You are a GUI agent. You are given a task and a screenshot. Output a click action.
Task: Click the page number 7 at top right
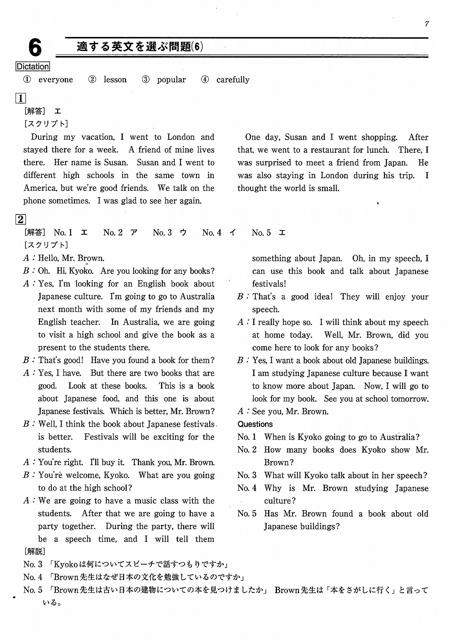coord(427,24)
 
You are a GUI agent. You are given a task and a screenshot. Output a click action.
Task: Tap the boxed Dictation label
coord(33,67)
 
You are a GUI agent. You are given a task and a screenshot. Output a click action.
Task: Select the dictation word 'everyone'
coord(56,80)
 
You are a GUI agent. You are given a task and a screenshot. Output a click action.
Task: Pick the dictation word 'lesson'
coord(115,80)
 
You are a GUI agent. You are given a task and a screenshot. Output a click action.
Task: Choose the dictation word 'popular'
coord(171,80)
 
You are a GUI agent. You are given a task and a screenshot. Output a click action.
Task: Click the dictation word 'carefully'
coord(233,80)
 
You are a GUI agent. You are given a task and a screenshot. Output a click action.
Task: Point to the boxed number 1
coord(20,98)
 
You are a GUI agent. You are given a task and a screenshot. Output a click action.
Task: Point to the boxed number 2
coord(20,219)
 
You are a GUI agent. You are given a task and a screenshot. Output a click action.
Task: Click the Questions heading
coord(255,424)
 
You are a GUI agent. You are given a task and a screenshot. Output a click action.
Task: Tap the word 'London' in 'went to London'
coord(181,137)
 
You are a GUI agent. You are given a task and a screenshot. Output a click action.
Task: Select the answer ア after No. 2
coord(134,232)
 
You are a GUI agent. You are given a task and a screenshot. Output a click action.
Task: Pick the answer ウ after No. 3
coord(183,232)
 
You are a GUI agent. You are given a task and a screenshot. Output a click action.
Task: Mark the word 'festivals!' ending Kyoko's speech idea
coord(269,284)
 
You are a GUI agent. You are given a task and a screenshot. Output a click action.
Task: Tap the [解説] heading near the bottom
coord(34,551)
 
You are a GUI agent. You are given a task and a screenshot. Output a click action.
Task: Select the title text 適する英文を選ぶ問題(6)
coord(140,47)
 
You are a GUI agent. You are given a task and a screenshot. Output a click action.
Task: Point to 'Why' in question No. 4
coord(273,488)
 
